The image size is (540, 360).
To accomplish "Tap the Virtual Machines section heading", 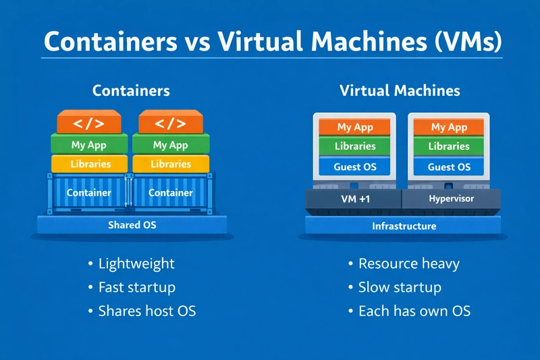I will tap(400, 90).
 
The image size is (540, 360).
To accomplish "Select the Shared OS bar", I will tap(132, 225).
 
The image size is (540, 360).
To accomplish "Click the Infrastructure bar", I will tap(404, 226).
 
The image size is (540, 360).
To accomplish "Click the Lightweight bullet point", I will tap(136, 264).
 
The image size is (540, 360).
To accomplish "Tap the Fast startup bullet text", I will tap(137, 287).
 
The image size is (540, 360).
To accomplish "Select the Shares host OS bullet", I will tap(147, 311).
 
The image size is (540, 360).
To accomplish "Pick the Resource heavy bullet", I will tap(409, 264).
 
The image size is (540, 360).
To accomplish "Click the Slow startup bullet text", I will tap(400, 287).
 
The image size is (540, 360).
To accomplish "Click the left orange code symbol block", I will tap(88, 124).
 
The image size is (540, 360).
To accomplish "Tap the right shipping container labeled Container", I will tap(171, 193).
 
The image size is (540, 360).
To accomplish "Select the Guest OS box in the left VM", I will tap(355, 167).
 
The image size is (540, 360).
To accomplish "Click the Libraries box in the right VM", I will tap(449, 147).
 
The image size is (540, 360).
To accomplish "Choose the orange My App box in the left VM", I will tap(355, 127).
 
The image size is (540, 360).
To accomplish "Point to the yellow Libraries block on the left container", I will tap(89, 164).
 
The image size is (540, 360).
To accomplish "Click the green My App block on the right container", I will tap(170, 145).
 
